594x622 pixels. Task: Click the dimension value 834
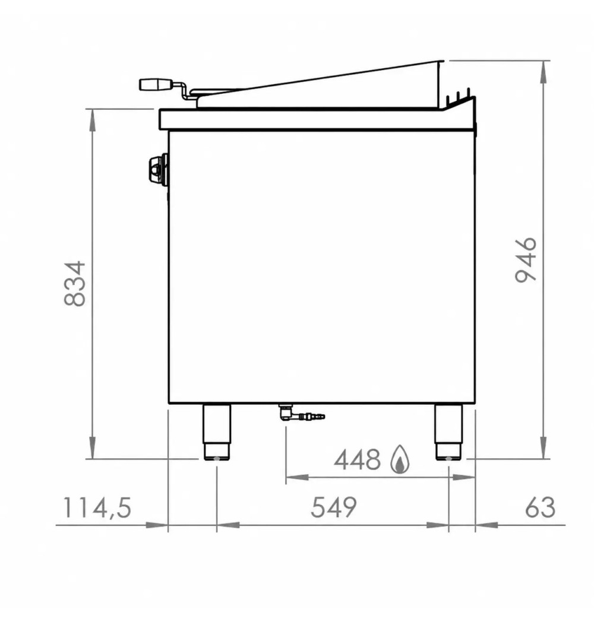75,283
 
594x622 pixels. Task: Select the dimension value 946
525,260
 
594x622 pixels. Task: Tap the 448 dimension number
357,460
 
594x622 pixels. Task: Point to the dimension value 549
333,507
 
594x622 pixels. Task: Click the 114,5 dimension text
97,508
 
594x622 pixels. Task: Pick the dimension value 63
540,507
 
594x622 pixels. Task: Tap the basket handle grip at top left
156,84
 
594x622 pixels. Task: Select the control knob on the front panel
158,169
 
